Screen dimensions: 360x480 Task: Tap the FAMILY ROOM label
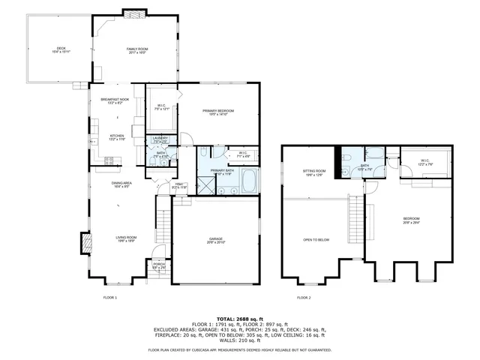pos(136,49)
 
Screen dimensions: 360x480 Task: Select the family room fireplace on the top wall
pos(133,13)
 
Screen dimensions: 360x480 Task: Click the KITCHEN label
pos(106,136)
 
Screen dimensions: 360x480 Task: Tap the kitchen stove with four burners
pos(108,160)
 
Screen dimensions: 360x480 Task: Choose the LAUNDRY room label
pos(160,139)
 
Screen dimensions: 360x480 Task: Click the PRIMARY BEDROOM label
pos(218,112)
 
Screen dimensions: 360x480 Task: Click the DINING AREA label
pos(122,184)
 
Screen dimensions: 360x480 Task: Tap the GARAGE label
pos(216,241)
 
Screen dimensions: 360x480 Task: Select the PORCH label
pos(159,265)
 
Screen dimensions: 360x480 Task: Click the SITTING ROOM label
pos(313,172)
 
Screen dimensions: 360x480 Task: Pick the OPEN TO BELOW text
pos(316,240)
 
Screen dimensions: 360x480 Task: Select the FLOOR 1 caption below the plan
pos(110,298)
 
